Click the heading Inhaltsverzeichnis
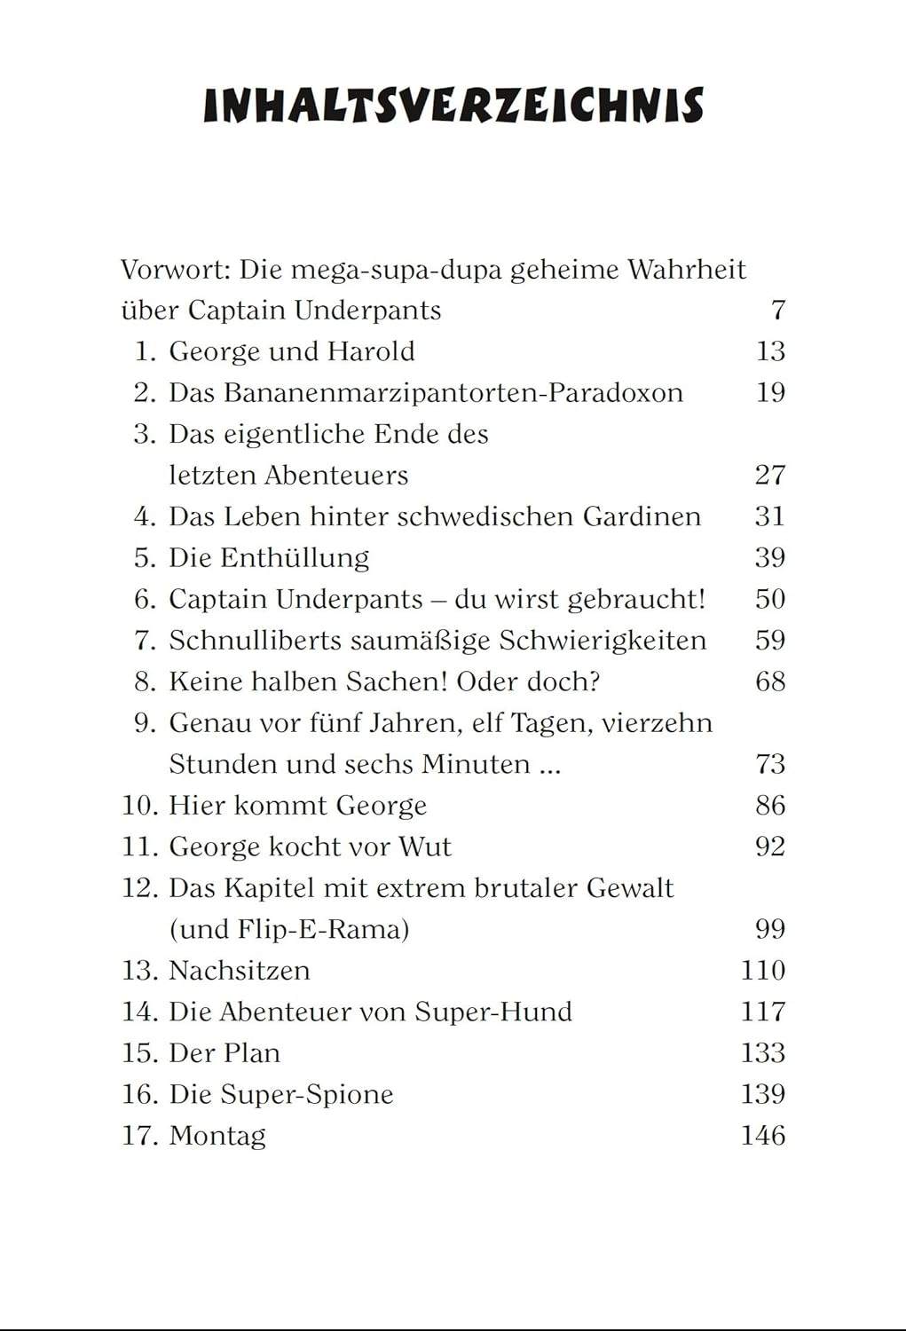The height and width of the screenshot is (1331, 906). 453,106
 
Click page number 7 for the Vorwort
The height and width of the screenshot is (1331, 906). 777,311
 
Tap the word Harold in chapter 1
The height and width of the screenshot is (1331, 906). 370,351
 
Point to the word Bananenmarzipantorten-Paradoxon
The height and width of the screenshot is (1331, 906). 453,393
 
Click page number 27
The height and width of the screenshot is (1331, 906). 769,476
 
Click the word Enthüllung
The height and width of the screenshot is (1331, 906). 294,558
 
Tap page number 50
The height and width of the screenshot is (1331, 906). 769,599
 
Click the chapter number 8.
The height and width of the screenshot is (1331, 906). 145,681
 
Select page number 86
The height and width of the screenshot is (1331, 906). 769,806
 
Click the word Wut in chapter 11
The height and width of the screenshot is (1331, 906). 424,847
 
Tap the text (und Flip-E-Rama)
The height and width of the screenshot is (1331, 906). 289,929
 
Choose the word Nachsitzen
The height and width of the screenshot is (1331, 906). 240,971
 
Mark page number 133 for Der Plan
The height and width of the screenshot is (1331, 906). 762,1053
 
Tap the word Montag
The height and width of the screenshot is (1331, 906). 217,1136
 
